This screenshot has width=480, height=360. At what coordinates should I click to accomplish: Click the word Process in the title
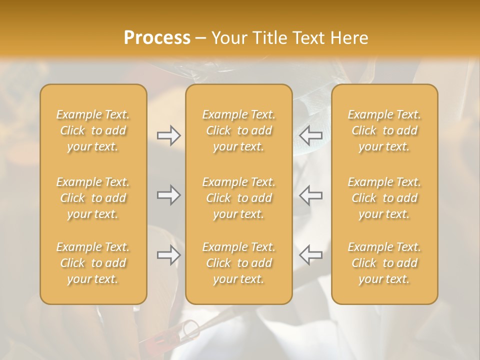[157, 38]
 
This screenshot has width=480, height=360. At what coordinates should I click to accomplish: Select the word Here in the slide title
[350, 38]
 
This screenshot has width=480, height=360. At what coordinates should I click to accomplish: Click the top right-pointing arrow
[168, 135]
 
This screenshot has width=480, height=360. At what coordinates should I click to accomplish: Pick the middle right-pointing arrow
[168, 195]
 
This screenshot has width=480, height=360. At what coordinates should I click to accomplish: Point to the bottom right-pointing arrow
[168, 255]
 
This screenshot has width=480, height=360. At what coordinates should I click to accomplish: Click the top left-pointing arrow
[310, 134]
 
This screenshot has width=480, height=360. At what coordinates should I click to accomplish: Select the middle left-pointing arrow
[310, 195]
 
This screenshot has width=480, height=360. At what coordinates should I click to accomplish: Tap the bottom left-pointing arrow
[310, 254]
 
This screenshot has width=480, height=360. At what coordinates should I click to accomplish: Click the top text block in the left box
[93, 130]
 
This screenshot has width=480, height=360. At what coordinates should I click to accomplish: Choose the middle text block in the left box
[93, 198]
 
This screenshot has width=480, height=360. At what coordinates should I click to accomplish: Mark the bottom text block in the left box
[93, 263]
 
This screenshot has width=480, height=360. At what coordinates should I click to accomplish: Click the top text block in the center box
[238, 130]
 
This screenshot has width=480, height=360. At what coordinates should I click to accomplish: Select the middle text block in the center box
[238, 198]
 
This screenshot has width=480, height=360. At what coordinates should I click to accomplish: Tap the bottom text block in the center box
[238, 263]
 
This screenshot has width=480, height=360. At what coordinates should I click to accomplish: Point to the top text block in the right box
[384, 130]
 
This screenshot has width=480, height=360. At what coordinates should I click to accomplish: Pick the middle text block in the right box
[384, 198]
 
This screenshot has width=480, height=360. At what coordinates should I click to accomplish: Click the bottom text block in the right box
[384, 263]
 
